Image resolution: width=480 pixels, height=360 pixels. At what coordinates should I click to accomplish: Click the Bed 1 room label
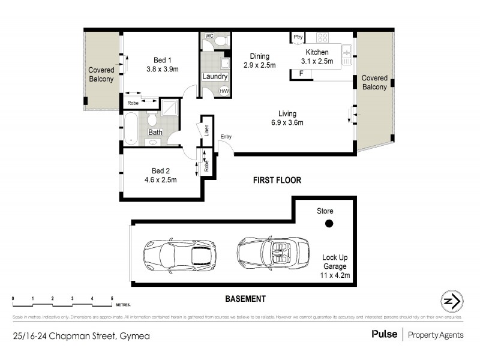click(x=163, y=60)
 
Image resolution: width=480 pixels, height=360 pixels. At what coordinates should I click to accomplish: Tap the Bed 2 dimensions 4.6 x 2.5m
click(x=160, y=179)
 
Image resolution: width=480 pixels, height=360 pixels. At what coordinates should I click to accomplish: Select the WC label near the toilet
click(x=209, y=36)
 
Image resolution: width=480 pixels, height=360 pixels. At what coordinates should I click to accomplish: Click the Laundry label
click(x=215, y=77)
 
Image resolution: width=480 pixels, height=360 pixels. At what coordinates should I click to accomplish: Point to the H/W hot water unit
click(x=224, y=91)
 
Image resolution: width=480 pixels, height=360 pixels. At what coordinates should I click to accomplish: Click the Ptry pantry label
click(x=298, y=37)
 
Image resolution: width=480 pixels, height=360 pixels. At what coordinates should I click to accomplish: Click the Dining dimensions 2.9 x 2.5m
click(x=259, y=65)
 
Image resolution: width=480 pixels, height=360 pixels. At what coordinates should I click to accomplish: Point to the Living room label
click(x=287, y=114)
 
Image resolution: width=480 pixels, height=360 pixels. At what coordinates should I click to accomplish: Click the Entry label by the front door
click(x=226, y=137)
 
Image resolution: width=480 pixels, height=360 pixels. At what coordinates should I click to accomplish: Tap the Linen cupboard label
click(x=206, y=130)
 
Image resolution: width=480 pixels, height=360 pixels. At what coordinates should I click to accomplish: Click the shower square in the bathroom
click(x=170, y=107)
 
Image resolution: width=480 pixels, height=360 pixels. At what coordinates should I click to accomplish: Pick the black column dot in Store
click(x=328, y=224)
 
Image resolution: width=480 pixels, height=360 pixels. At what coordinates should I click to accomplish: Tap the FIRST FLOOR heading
click(x=277, y=180)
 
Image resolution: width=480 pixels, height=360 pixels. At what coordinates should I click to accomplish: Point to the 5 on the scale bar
click(x=112, y=298)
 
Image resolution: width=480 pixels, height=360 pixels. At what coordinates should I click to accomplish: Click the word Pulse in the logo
click(x=384, y=335)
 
